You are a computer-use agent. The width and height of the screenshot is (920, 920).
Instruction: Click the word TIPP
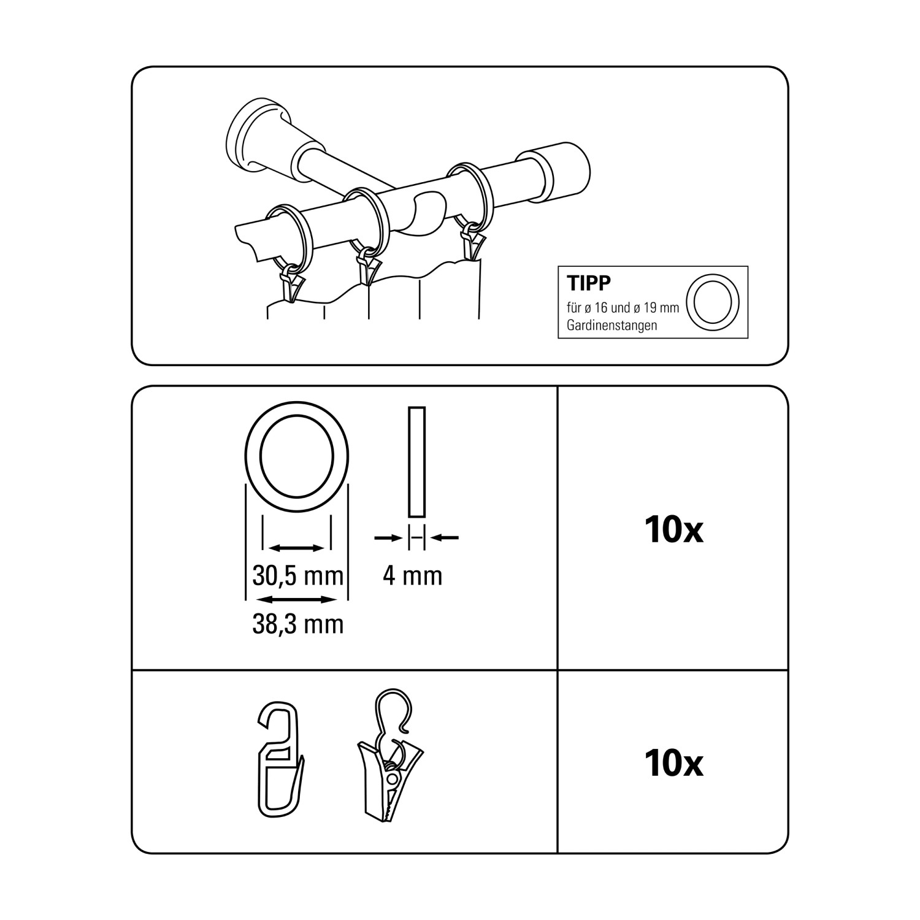pyautogui.click(x=589, y=283)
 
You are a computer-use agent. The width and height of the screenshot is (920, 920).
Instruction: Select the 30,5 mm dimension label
pyautogui.click(x=297, y=576)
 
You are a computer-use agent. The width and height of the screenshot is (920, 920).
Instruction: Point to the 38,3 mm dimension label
pyautogui.click(x=297, y=624)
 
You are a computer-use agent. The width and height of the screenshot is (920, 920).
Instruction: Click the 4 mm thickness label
pyautogui.click(x=412, y=576)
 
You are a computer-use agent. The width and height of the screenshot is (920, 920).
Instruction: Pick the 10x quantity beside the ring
pyautogui.click(x=673, y=530)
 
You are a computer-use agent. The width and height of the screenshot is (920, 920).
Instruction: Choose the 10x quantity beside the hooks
pyautogui.click(x=673, y=763)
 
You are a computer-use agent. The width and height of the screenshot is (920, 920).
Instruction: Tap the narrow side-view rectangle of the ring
pyautogui.click(x=416, y=462)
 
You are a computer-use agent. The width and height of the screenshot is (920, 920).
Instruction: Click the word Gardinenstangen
pyautogui.click(x=611, y=325)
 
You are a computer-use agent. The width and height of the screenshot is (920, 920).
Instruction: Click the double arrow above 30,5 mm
pyautogui.click(x=297, y=548)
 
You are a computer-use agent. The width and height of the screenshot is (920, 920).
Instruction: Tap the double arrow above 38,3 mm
pyautogui.click(x=297, y=599)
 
